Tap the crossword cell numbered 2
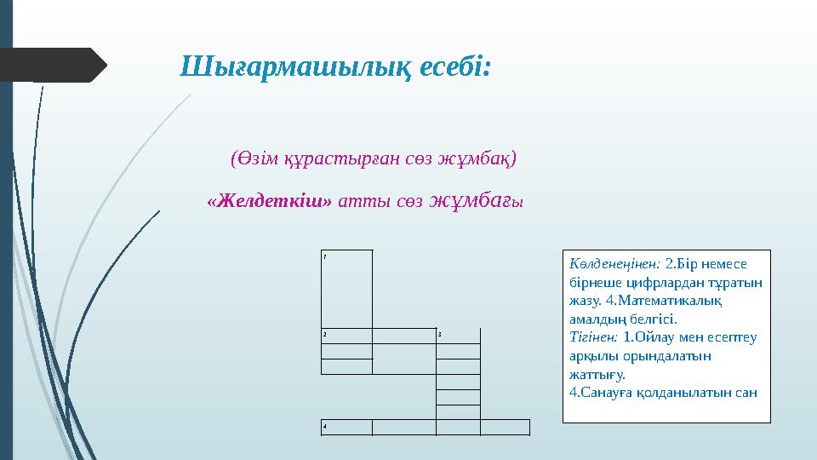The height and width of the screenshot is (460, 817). pos(346,335)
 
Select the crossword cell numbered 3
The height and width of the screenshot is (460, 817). pos(458,335)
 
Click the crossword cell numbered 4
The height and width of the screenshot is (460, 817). pos(346,427)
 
